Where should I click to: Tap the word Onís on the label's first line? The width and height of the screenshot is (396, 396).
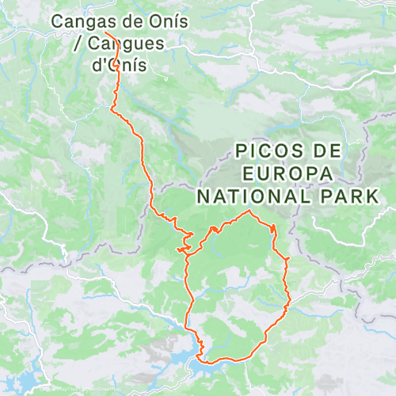pyautogui.click(x=166, y=21)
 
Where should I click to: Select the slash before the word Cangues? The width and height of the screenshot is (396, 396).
pyautogui.click(x=78, y=44)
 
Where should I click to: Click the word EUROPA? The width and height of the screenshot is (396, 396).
pyautogui.click(x=288, y=173)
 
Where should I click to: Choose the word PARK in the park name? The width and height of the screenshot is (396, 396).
pyautogui.click(x=348, y=195)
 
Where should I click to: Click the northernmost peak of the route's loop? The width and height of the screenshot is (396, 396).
pyautogui.click(x=250, y=211)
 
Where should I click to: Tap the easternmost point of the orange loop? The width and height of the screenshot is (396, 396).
pyautogui.click(x=290, y=297)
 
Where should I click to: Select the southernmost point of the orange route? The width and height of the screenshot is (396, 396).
pyautogui.click(x=204, y=363)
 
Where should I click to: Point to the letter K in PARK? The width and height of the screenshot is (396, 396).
pyautogui.click(x=371, y=195)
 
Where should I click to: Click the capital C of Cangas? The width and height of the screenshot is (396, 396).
pyautogui.click(x=59, y=21)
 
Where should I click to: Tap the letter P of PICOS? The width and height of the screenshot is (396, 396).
pyautogui.click(x=242, y=150)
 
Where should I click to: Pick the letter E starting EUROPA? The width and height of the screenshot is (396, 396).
pyautogui.click(x=249, y=173)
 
